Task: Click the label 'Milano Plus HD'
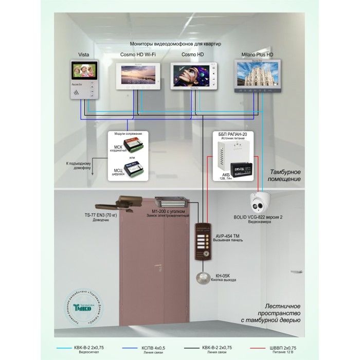tap(257, 55)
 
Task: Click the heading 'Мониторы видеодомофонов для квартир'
tap(175, 44)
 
